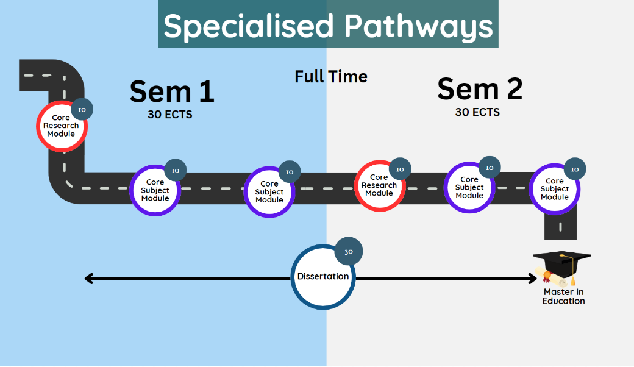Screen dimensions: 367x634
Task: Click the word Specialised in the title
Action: [x=249, y=26]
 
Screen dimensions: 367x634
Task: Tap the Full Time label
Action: [x=331, y=77]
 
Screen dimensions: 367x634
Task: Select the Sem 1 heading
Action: [x=172, y=91]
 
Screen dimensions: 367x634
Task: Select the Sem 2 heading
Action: [x=480, y=90]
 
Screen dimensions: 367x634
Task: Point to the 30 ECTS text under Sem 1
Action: [x=169, y=114]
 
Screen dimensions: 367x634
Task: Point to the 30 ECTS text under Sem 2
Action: [x=477, y=112]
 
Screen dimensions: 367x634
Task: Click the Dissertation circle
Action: [x=323, y=277]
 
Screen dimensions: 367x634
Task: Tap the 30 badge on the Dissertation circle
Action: [x=349, y=252]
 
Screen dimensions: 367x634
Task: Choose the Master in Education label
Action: [x=563, y=297]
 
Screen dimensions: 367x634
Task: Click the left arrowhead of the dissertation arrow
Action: [x=89, y=279]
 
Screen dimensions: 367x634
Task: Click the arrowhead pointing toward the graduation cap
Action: [x=532, y=279]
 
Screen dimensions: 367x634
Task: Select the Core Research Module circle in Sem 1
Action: [x=61, y=126]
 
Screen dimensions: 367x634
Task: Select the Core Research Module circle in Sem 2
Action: [x=379, y=185]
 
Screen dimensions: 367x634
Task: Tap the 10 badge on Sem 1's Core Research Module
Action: [x=82, y=110]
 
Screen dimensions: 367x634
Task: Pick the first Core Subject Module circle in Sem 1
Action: [x=155, y=190]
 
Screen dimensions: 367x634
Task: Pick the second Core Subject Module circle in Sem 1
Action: [x=269, y=191]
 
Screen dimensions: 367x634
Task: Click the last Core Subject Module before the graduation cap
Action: [x=554, y=189]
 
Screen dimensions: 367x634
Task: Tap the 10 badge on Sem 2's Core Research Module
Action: [x=400, y=169]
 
